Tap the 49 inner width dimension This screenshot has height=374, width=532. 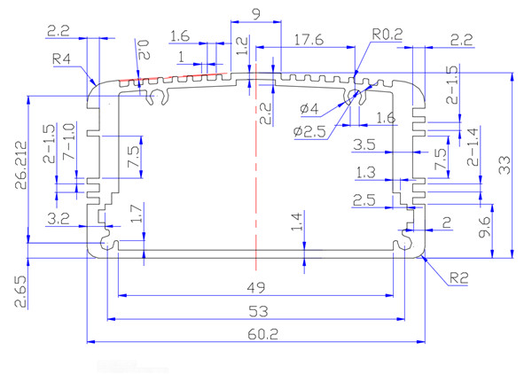pos(255,286)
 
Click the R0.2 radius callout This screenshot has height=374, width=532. pos(387,35)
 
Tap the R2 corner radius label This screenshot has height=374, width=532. pos(458,278)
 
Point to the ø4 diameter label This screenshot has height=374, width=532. pos(310,108)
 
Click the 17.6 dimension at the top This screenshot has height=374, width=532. pos(307,40)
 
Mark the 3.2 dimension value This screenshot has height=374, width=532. pos(59,217)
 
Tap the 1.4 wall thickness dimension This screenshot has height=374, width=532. pos(297,221)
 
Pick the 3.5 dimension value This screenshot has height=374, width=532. pos(364,144)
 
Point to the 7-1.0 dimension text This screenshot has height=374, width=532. pos(69,144)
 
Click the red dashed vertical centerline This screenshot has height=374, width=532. pos(255,177)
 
